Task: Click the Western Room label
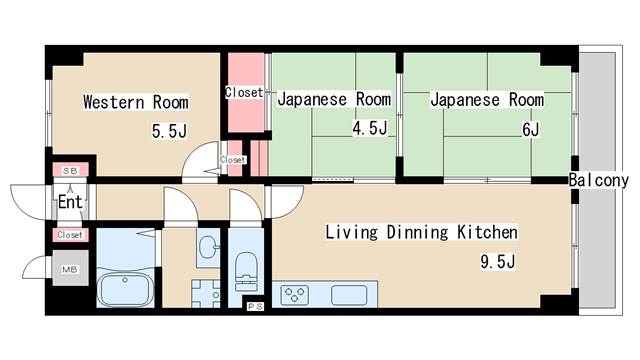[x=136, y=102]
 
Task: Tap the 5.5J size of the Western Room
[x=169, y=131]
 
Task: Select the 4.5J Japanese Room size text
[x=369, y=128]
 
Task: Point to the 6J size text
[x=531, y=129]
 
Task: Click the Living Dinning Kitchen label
[x=422, y=232]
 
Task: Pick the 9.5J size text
[x=498, y=261]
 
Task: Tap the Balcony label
[x=599, y=180]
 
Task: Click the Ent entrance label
[x=70, y=202]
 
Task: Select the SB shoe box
[x=70, y=171]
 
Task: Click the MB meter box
[x=70, y=269]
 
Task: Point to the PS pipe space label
[x=255, y=306]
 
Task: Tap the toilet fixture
[x=247, y=271]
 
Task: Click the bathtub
[x=125, y=289]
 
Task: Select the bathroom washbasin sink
[x=209, y=247]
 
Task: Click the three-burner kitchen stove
[x=295, y=295]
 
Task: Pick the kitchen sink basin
[x=349, y=295]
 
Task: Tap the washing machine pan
[x=206, y=293]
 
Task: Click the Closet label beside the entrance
[x=70, y=235]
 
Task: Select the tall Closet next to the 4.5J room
[x=245, y=93]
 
